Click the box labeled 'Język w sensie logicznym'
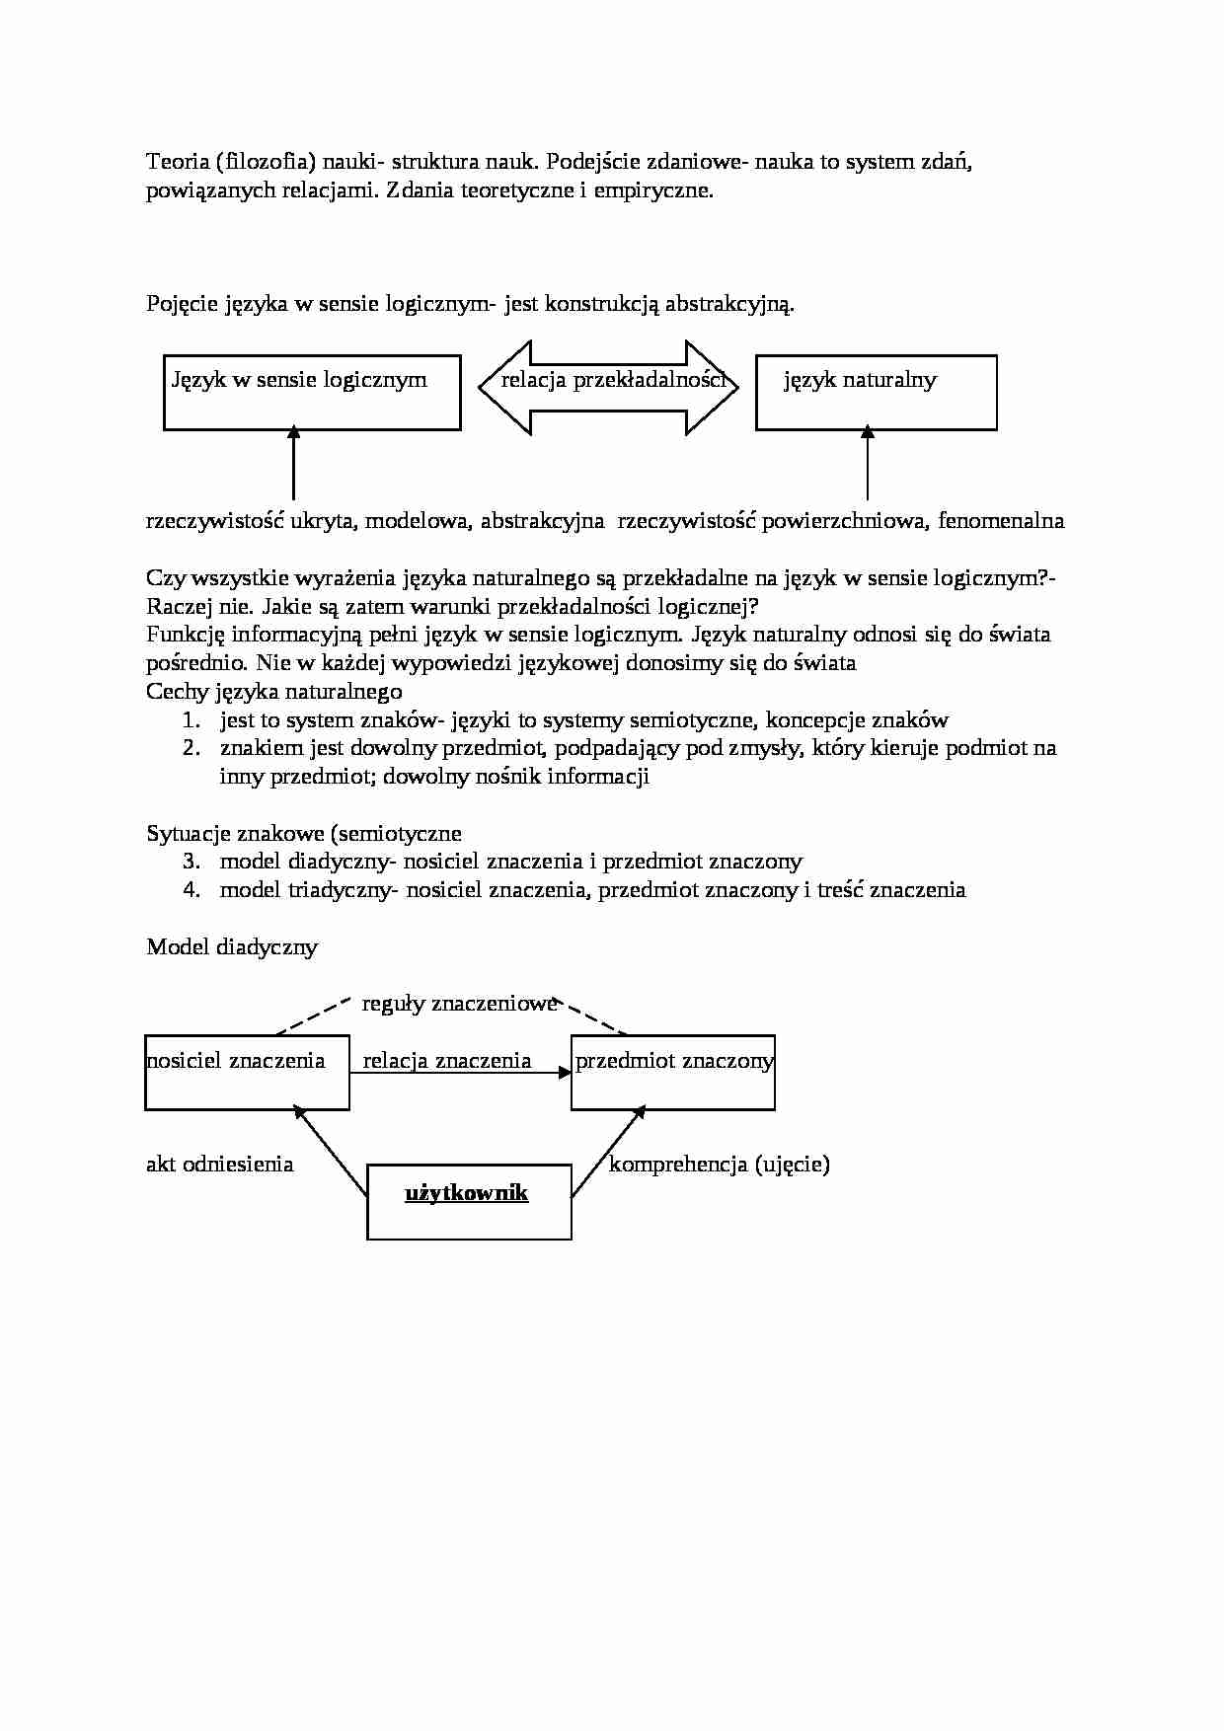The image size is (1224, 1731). tap(312, 393)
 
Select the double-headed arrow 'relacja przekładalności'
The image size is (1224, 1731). tap(608, 387)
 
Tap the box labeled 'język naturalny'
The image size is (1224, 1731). tap(876, 393)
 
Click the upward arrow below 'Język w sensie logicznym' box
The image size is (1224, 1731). tap(293, 464)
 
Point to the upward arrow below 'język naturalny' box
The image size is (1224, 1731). tap(868, 464)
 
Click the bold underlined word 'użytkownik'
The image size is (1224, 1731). tap(467, 1193)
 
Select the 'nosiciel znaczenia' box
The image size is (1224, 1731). tap(247, 1073)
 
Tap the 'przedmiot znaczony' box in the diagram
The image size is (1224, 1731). tap(673, 1073)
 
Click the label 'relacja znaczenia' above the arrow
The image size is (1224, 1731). tap(447, 1061)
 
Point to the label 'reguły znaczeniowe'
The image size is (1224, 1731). tap(459, 1004)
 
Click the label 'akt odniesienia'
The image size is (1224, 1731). tap(219, 1165)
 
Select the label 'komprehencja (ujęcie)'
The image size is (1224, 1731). tap(719, 1165)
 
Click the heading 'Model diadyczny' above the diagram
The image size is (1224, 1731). tap(232, 947)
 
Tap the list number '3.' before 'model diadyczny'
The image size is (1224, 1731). tap(191, 862)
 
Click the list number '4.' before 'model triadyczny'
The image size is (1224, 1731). tap(191, 890)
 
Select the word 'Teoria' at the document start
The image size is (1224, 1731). tap(175, 162)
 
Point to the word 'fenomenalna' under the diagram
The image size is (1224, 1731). tap(1001, 521)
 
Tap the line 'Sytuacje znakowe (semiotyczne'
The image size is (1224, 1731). tap(303, 834)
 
